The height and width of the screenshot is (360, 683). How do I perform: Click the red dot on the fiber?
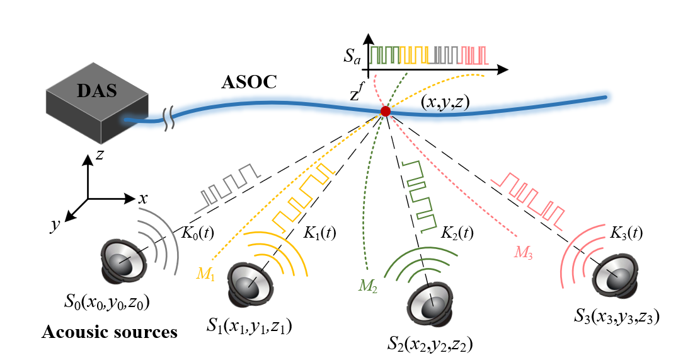(x=385, y=112)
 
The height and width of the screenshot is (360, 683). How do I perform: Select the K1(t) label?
(x=319, y=232)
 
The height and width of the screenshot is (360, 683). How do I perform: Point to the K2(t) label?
(x=457, y=232)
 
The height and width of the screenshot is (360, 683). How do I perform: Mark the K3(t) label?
(x=626, y=232)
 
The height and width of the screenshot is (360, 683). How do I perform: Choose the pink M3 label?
(x=523, y=252)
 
